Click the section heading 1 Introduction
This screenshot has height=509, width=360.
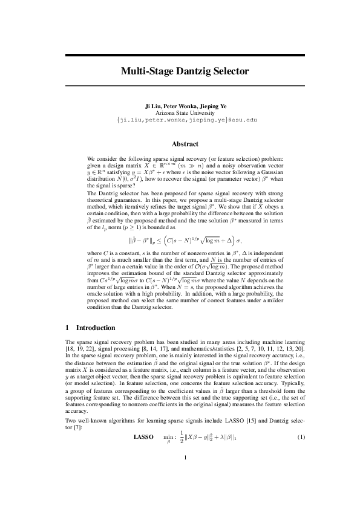pyautogui.click(x=90, y=328)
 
